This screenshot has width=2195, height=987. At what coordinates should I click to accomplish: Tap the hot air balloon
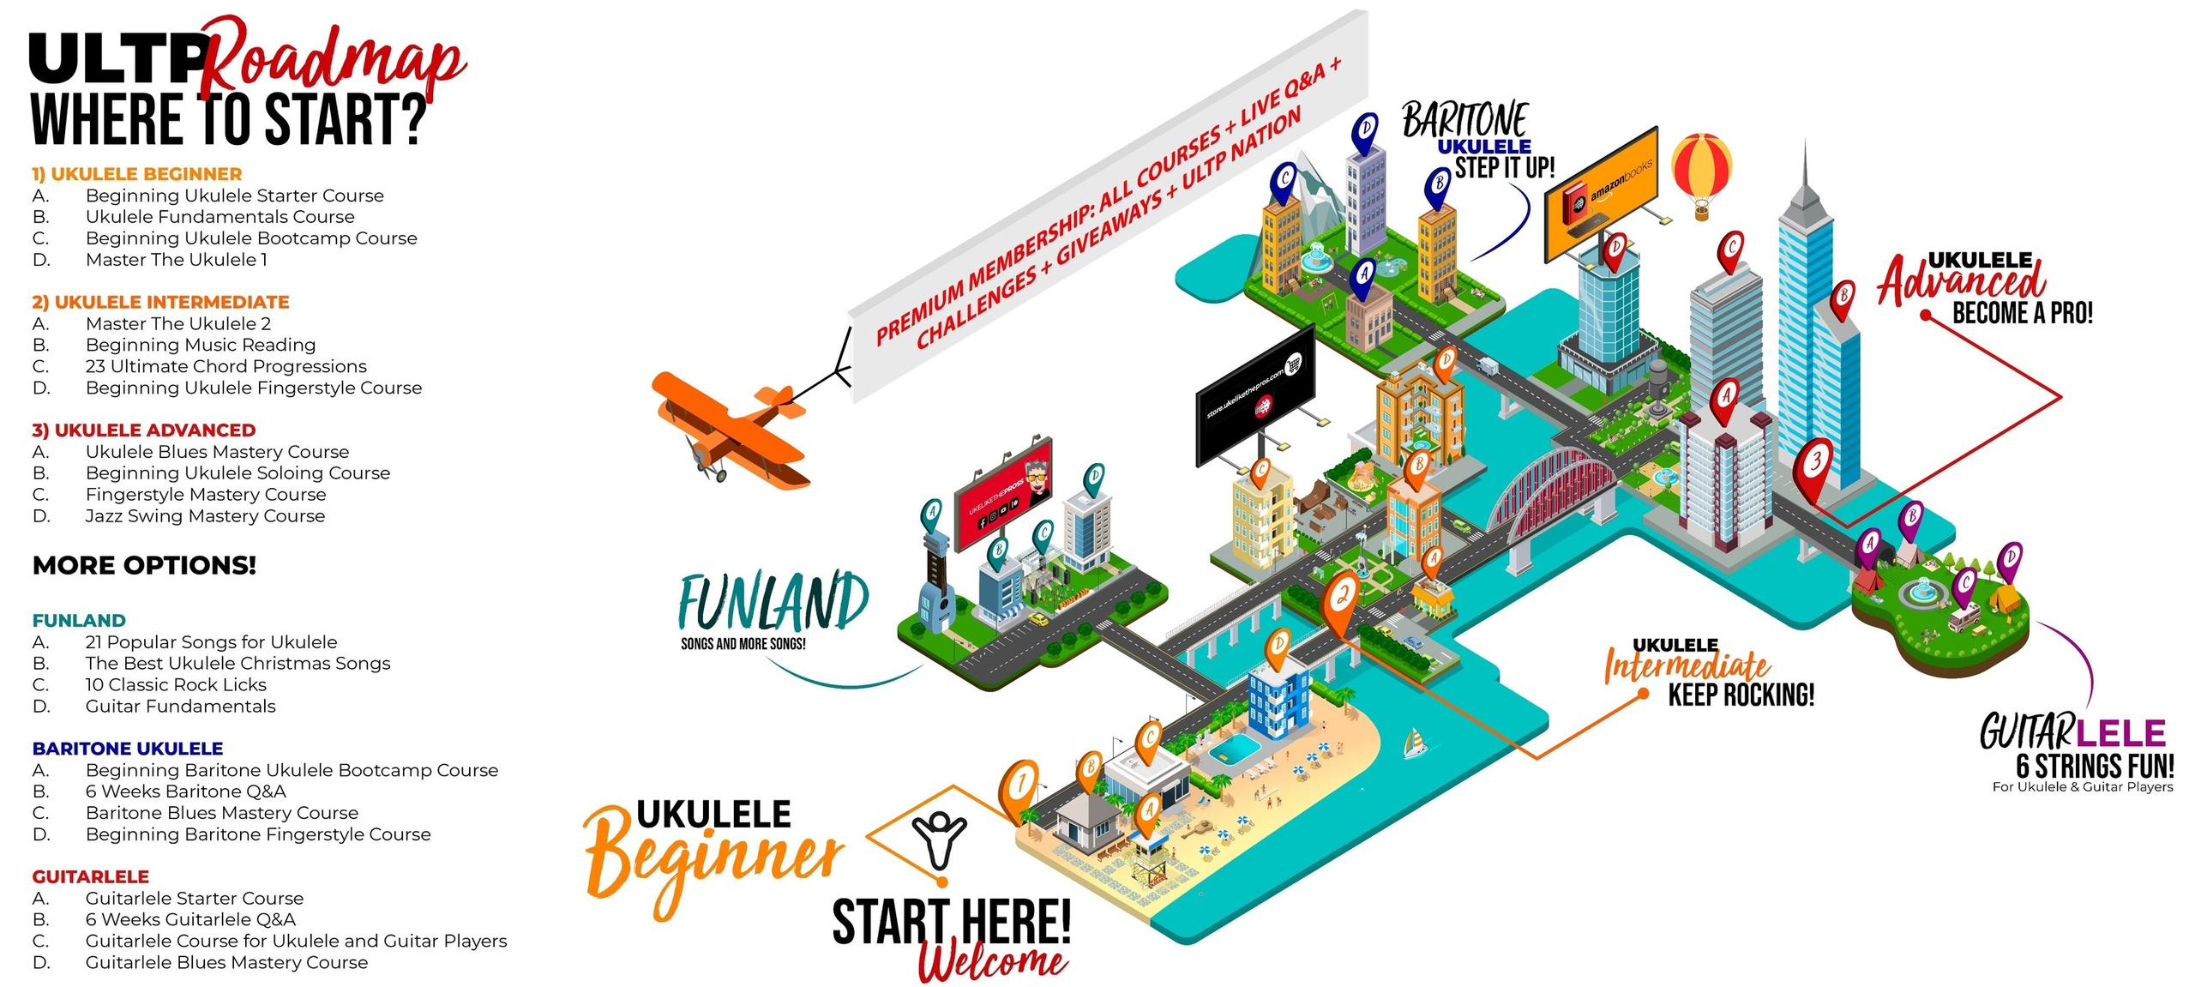(x=1701, y=172)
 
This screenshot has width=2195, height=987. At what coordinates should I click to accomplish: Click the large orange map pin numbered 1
(x=1020, y=787)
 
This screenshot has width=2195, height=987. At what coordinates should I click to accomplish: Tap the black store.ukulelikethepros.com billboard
(x=1254, y=394)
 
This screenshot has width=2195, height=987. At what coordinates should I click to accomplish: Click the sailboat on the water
(x=1415, y=743)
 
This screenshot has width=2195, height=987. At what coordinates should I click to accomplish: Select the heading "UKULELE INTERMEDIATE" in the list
(x=160, y=302)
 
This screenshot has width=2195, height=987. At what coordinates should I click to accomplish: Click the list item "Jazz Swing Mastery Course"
(x=205, y=516)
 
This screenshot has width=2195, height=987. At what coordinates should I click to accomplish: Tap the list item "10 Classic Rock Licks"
(x=176, y=685)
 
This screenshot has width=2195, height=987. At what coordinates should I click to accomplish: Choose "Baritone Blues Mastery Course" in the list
(x=221, y=813)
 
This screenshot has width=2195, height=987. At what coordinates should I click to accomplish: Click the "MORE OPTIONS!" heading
(x=144, y=566)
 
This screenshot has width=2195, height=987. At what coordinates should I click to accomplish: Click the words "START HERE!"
(x=951, y=922)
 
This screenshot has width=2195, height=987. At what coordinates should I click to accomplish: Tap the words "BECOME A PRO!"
(x=2022, y=313)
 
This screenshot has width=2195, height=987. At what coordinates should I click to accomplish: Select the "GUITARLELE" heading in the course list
(x=90, y=876)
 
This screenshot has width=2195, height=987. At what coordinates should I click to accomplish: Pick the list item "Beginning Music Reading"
(x=201, y=345)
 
